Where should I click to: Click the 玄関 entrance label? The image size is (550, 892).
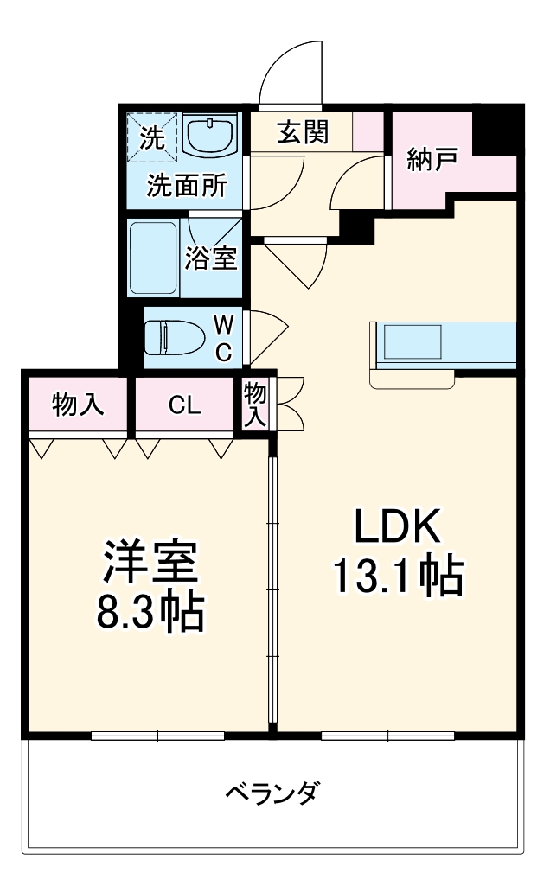click(x=302, y=132)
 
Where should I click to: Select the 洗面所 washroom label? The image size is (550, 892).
click(x=186, y=186)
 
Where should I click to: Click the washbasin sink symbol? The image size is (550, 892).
click(x=210, y=137)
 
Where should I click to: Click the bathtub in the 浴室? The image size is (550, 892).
click(x=153, y=257)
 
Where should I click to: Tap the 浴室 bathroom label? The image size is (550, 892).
click(x=211, y=258)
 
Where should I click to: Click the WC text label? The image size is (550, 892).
click(x=223, y=337)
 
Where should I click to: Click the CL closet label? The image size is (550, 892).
click(x=184, y=405)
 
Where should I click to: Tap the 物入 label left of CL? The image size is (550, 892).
click(x=78, y=405)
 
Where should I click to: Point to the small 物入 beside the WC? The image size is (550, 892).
click(x=255, y=404)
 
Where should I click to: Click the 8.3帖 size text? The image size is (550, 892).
click(x=151, y=611)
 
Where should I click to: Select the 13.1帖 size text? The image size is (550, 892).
click(x=397, y=576)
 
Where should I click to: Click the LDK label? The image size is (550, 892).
click(x=397, y=526)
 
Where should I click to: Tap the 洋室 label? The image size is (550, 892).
click(x=151, y=562)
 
